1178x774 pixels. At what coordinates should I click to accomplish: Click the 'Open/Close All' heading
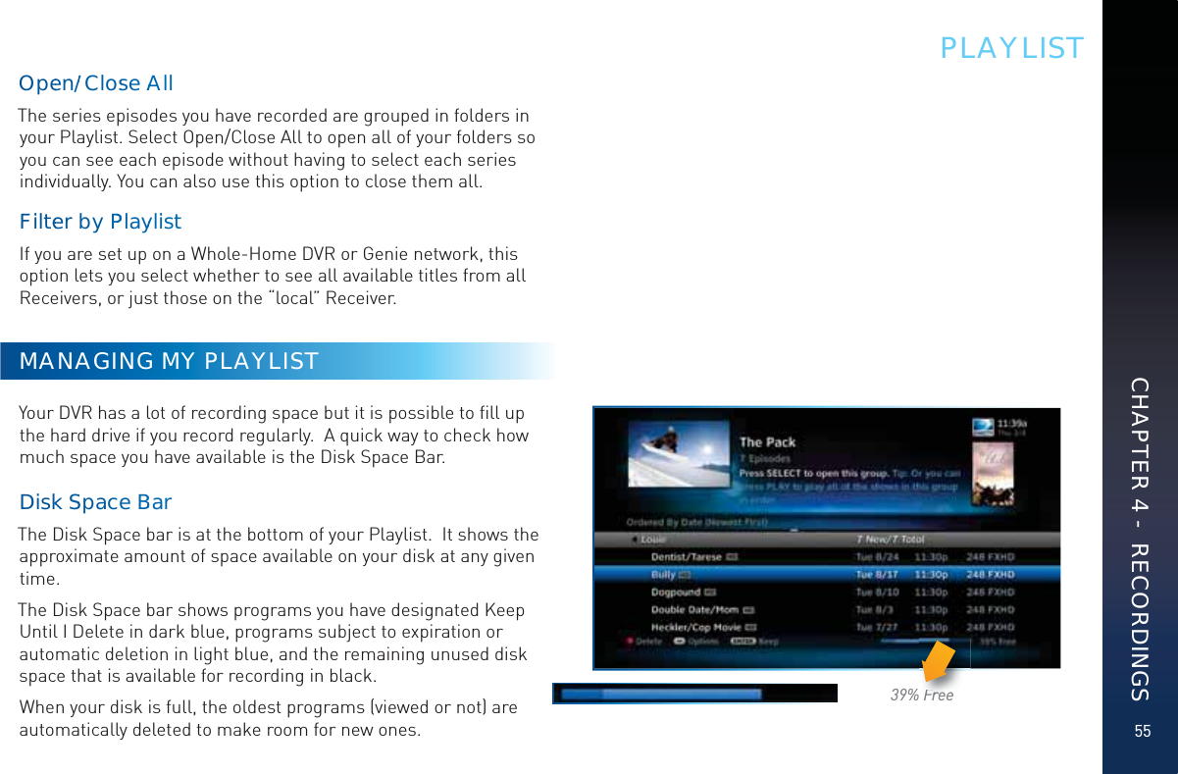(96, 83)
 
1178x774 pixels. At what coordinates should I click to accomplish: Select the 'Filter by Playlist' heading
(101, 222)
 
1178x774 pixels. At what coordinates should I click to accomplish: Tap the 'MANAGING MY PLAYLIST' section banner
(169, 361)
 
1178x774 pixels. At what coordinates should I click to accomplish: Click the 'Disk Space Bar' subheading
(96, 502)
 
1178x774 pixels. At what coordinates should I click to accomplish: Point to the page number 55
(1141, 732)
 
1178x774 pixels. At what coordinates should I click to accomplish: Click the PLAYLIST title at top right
(1011, 48)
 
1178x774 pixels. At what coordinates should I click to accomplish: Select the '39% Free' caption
(922, 696)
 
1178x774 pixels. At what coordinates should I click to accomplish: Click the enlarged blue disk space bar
(682, 694)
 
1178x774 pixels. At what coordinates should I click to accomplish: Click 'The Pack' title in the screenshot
(767, 442)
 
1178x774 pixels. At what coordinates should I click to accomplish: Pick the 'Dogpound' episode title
(675, 593)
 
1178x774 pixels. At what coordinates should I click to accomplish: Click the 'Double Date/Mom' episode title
(694, 610)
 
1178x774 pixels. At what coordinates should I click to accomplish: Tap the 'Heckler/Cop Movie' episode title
(697, 627)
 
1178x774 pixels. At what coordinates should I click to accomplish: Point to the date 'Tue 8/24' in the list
(876, 557)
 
